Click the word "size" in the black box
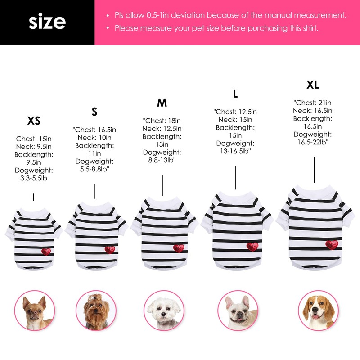47,22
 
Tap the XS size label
34,121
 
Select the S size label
94,112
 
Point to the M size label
162,103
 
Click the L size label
235,94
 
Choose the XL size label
313,85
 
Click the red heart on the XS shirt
46,251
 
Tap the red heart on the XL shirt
332,245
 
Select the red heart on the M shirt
179,248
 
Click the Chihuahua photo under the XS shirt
34,310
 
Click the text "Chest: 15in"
34,139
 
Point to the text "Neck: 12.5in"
162,129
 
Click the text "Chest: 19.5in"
235,112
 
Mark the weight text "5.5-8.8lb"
95,169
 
